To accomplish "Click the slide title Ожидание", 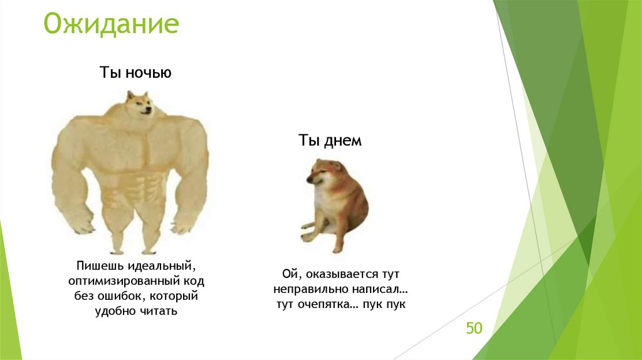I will tap(111, 25).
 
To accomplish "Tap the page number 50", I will tap(474, 328).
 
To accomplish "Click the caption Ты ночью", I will tap(135, 73).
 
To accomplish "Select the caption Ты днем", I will tap(330, 140).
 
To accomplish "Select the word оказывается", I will tap(334, 275).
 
